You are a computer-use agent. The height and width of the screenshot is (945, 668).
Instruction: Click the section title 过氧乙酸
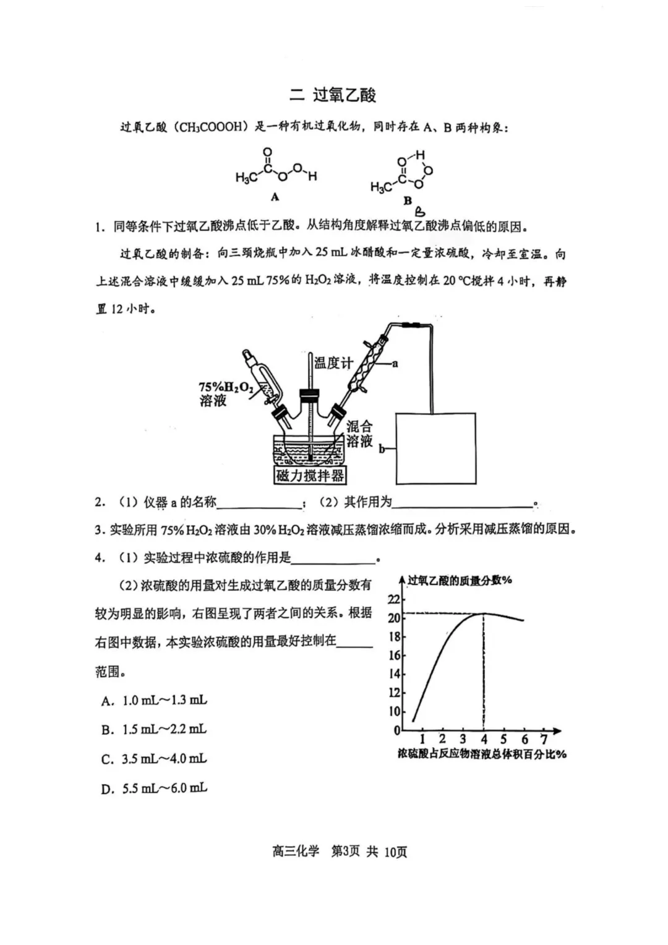[x=344, y=95]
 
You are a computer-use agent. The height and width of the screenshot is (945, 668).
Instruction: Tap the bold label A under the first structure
[x=275, y=197]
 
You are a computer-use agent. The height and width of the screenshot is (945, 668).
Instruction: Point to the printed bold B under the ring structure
[x=408, y=200]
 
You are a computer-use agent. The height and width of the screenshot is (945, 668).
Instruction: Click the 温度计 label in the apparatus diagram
[x=333, y=362]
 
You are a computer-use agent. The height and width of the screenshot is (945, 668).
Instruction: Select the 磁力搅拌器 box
[x=309, y=475]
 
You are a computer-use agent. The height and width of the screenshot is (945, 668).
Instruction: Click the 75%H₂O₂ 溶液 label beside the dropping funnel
[x=225, y=394]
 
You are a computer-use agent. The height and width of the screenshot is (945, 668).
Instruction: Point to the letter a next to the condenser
[x=395, y=364]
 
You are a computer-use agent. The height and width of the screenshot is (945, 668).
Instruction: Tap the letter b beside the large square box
[x=382, y=449]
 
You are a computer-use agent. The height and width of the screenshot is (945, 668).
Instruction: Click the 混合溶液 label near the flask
[x=359, y=433]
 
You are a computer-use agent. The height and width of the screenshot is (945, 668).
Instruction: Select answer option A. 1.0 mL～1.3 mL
[x=154, y=700]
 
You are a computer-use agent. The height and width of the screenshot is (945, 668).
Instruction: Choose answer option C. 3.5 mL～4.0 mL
[x=154, y=759]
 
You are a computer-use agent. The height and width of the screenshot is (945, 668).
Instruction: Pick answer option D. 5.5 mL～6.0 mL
[x=154, y=789]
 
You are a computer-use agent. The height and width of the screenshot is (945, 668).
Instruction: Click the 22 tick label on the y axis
[x=394, y=599]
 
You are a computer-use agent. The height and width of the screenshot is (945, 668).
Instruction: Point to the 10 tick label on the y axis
[x=394, y=711]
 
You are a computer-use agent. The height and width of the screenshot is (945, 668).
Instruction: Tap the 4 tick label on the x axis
[x=484, y=739]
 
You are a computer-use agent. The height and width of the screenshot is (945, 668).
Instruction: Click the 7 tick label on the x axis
[x=544, y=739]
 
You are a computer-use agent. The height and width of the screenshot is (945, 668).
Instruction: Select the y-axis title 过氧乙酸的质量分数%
[x=460, y=580]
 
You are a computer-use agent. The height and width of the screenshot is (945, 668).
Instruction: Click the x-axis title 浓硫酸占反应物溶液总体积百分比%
[x=482, y=754]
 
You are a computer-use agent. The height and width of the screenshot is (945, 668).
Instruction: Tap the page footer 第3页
[x=345, y=851]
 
